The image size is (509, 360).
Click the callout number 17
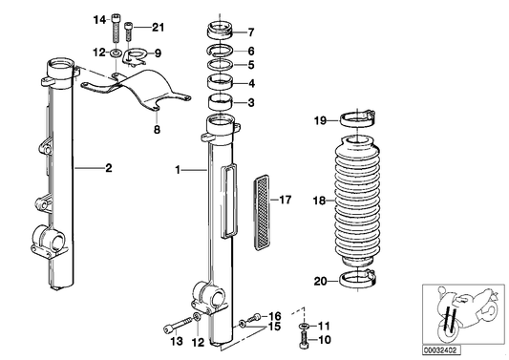click(284, 200)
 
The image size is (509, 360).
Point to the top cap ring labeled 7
click(223, 28)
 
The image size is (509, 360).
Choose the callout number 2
click(108, 169)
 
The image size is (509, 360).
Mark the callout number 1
click(178, 169)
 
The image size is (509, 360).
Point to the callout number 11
click(324, 326)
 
